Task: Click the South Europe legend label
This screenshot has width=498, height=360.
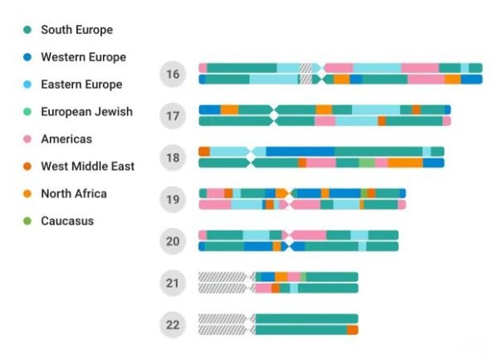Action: click(x=76, y=30)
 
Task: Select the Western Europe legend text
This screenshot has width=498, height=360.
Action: click(x=83, y=57)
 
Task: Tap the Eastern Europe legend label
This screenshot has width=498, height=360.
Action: click(x=81, y=85)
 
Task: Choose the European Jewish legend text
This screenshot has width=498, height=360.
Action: click(x=86, y=112)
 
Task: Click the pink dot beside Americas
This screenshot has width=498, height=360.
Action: click(x=27, y=139)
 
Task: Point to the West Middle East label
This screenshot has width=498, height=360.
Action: click(x=87, y=167)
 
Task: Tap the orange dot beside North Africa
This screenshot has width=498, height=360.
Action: click(x=27, y=194)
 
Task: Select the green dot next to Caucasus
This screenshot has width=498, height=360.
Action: click(x=27, y=221)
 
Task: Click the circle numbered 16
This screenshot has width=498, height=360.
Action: click(x=173, y=75)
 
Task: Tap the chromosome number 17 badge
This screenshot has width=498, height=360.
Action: click(x=173, y=116)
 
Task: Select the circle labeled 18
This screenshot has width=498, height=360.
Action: click(x=173, y=158)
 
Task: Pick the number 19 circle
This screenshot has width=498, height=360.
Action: click(x=173, y=199)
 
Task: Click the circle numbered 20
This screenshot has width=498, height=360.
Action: click(x=173, y=241)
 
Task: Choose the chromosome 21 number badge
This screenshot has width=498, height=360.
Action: click(x=173, y=283)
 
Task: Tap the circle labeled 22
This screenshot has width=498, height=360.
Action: click(x=173, y=324)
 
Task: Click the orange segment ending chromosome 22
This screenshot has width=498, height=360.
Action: click(x=353, y=330)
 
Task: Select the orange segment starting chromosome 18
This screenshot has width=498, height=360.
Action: click(x=204, y=152)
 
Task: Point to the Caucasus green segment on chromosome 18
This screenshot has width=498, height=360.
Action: click(x=366, y=163)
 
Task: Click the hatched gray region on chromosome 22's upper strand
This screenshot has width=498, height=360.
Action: click(x=222, y=319)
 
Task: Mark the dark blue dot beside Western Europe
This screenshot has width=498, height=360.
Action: click(x=27, y=57)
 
